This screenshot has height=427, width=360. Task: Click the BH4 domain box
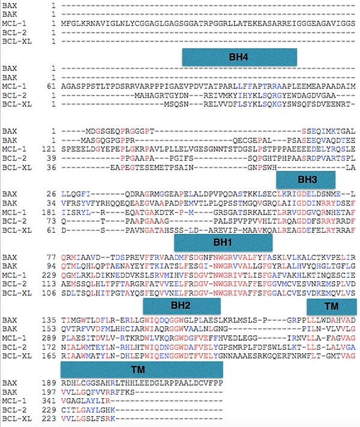tap(239, 58)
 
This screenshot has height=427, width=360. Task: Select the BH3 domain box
tap(307, 179)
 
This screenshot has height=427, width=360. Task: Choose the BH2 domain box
tap(181, 306)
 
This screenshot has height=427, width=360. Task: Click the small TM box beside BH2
tap(331, 306)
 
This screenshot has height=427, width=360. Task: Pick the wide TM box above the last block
tap(142, 369)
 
